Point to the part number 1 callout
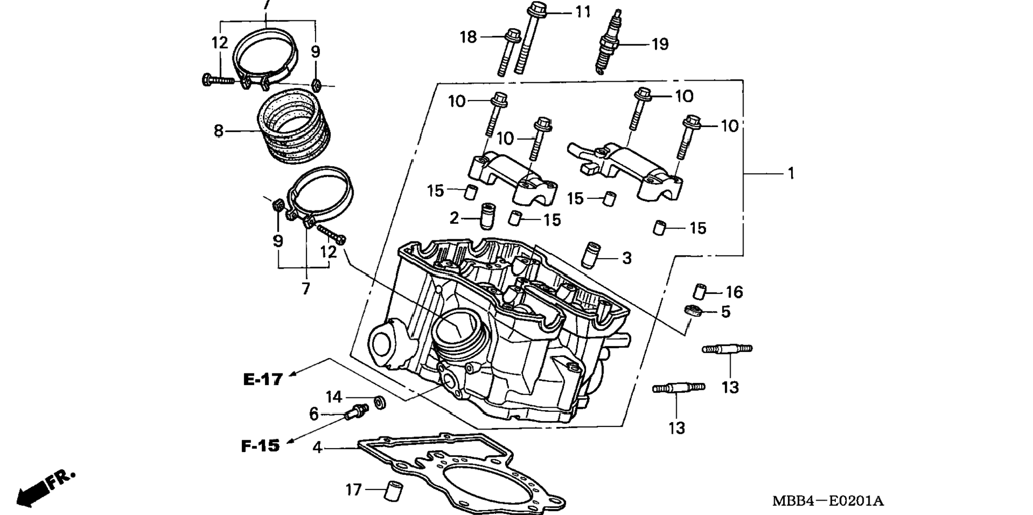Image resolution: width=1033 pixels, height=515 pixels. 791,174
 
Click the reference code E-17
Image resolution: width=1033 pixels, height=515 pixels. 263,379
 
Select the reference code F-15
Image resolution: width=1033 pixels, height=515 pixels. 260,446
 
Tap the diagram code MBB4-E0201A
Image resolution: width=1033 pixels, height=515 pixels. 828,501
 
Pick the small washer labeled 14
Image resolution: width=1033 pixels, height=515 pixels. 380,402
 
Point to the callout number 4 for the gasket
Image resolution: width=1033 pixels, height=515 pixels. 317,448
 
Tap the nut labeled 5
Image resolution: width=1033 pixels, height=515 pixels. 693,310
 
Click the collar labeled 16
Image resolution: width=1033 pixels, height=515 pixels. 699,292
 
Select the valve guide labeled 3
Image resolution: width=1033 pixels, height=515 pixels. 590,255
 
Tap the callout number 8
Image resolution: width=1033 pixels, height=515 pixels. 218,130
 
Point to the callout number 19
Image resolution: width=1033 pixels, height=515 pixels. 660,44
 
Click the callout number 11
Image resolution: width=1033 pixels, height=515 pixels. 583,12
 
